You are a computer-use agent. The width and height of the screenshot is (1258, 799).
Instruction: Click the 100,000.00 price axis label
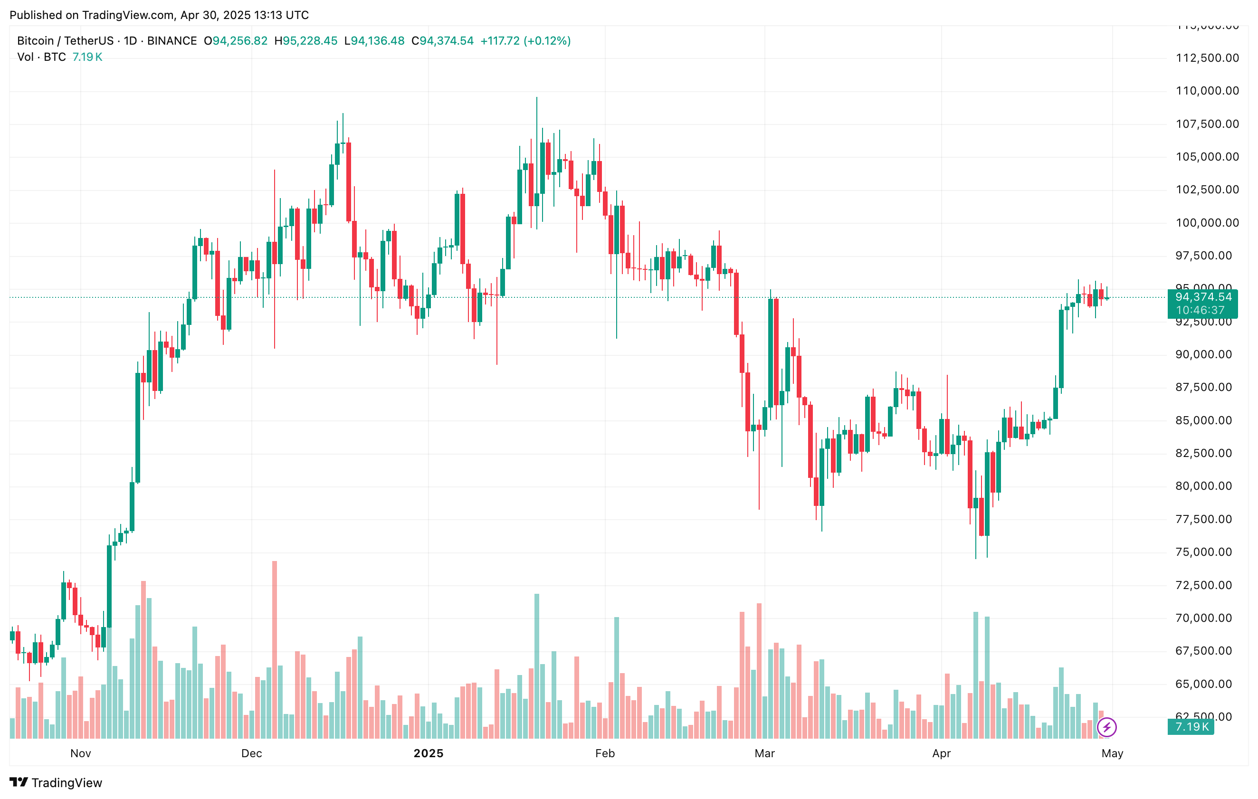point(1207,223)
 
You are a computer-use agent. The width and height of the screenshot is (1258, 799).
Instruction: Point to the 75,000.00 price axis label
point(1203,552)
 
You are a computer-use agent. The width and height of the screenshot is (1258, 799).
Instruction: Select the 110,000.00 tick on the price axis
point(1207,91)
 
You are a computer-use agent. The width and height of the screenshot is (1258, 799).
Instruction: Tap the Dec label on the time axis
point(251,753)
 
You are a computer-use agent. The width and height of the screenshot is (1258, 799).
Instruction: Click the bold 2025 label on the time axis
point(429,753)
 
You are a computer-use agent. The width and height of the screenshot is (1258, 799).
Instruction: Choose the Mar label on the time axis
point(764,753)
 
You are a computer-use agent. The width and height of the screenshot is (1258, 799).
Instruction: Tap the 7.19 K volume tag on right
point(1191,726)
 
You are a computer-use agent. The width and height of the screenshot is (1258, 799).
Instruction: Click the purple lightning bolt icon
point(1106,727)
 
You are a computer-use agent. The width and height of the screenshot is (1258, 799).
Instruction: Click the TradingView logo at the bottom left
point(56,782)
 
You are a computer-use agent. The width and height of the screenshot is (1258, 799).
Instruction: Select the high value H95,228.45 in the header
point(305,41)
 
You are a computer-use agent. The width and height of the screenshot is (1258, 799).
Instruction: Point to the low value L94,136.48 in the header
point(374,41)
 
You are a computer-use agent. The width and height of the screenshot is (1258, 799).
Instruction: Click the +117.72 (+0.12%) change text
point(525,41)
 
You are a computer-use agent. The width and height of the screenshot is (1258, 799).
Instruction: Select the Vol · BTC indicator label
point(42,57)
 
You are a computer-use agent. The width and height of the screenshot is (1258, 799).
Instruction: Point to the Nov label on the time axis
point(80,753)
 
